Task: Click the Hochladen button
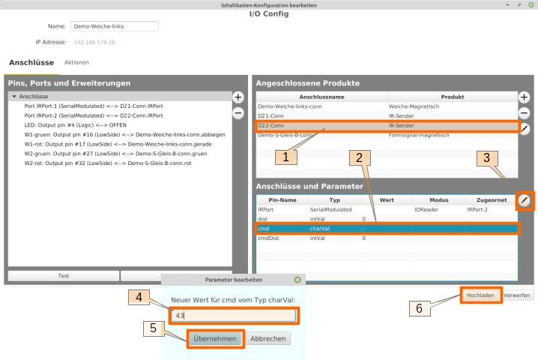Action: click(480, 295)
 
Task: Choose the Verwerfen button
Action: click(518, 295)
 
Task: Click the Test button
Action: click(59, 276)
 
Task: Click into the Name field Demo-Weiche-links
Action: click(114, 26)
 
